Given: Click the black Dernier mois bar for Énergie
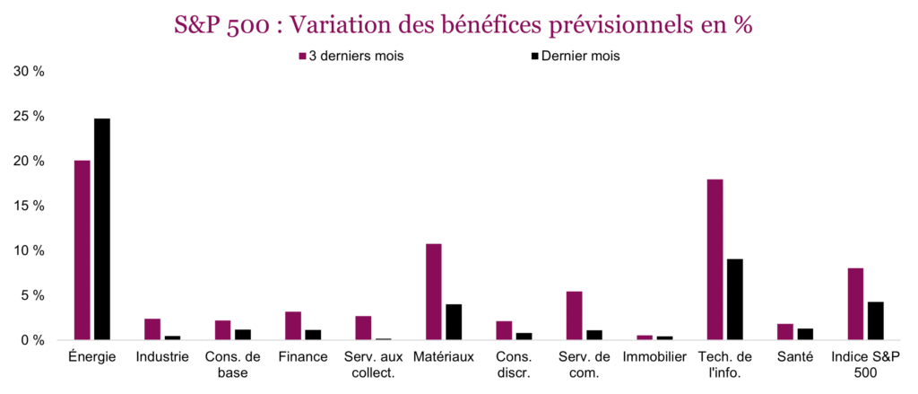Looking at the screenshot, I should tap(102, 229).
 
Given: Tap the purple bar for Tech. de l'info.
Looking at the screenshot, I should tap(714, 259).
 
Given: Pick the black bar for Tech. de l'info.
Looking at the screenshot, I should tap(734, 299).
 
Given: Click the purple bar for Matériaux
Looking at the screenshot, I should tap(433, 292).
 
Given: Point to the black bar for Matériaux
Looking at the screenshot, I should tap(454, 321).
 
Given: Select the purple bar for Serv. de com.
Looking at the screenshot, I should tap(574, 315).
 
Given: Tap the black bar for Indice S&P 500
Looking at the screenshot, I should tap(875, 320).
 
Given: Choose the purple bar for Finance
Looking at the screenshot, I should tap(293, 325).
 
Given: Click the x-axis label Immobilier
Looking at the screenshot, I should tap(654, 357).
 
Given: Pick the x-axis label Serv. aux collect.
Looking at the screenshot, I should tap(373, 364).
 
